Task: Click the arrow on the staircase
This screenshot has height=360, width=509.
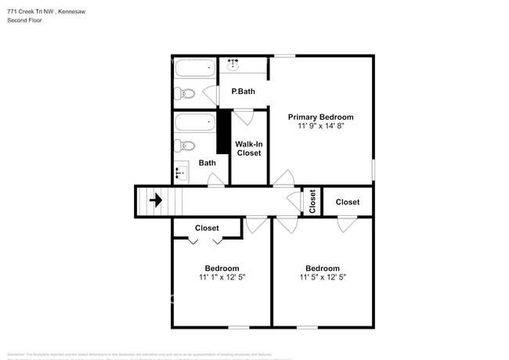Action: click(156, 200)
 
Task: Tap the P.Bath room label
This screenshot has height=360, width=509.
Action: click(243, 92)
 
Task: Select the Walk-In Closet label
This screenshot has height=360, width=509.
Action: click(249, 148)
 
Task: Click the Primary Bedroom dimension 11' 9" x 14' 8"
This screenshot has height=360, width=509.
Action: click(321, 126)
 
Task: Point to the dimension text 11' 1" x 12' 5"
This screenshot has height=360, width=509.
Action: click(222, 277)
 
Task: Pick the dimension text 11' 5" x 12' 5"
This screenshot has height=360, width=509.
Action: click(322, 277)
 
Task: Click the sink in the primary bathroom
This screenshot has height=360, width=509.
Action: click(234, 64)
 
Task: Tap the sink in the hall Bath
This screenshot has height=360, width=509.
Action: click(182, 173)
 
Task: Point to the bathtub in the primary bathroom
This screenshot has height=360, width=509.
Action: click(194, 69)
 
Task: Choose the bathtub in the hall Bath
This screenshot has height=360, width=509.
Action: click(194, 123)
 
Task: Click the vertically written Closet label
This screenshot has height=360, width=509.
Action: click(312, 202)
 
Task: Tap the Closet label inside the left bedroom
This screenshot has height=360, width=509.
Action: click(207, 228)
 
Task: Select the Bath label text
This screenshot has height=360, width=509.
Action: click(207, 163)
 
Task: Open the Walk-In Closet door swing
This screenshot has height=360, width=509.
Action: click(244, 117)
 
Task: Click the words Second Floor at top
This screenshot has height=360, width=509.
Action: click(25, 20)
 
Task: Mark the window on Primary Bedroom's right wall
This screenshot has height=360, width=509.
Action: click(373, 169)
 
